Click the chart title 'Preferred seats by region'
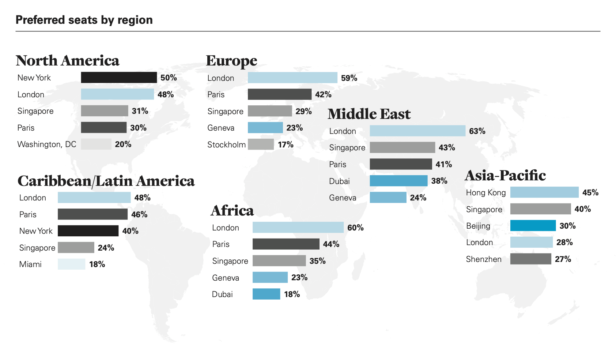tap(84, 20)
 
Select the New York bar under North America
tap(119, 78)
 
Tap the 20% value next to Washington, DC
tap(123, 145)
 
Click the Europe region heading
tap(231, 61)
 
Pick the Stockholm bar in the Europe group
tap(261, 145)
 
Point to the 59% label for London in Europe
tap(349, 78)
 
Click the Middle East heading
tap(369, 114)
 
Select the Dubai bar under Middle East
tap(398, 181)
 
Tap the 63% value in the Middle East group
tap(477, 131)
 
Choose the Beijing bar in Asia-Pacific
tap(533, 226)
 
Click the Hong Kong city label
tap(485, 193)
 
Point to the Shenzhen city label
tap(484, 259)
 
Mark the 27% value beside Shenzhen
tap(563, 259)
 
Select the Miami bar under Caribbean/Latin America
tap(72, 264)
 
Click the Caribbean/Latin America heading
tap(106, 181)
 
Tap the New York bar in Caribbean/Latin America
tap(88, 231)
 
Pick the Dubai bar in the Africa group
tap(266, 294)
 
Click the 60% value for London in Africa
tap(355, 228)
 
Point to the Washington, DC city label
tap(47, 145)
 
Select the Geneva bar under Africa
tap(270, 278)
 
